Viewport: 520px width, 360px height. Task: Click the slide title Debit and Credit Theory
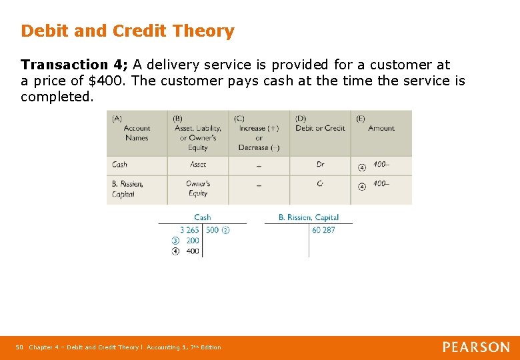pos(127,31)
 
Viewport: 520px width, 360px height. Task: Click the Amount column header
pos(381,128)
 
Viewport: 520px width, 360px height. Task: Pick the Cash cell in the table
pos(120,165)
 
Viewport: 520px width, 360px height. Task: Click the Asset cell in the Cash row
pos(198,165)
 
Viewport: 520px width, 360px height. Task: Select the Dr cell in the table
pos(321,165)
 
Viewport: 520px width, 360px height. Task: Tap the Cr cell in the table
pos(321,184)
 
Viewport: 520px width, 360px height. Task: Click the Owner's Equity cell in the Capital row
pos(198,189)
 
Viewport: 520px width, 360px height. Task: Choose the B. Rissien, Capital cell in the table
pos(127,189)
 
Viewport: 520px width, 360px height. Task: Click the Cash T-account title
pos(202,217)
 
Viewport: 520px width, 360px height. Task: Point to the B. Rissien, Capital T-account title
pos(309,217)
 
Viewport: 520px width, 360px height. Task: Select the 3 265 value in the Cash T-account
pos(189,230)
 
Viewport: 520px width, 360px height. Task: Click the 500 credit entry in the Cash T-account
pos(212,230)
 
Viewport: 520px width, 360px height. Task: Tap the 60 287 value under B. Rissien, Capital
pos(323,230)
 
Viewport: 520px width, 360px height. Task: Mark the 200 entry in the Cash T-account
pos(192,241)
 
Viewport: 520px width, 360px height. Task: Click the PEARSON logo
pos(476,347)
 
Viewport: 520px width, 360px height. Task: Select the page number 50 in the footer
pos(19,347)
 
